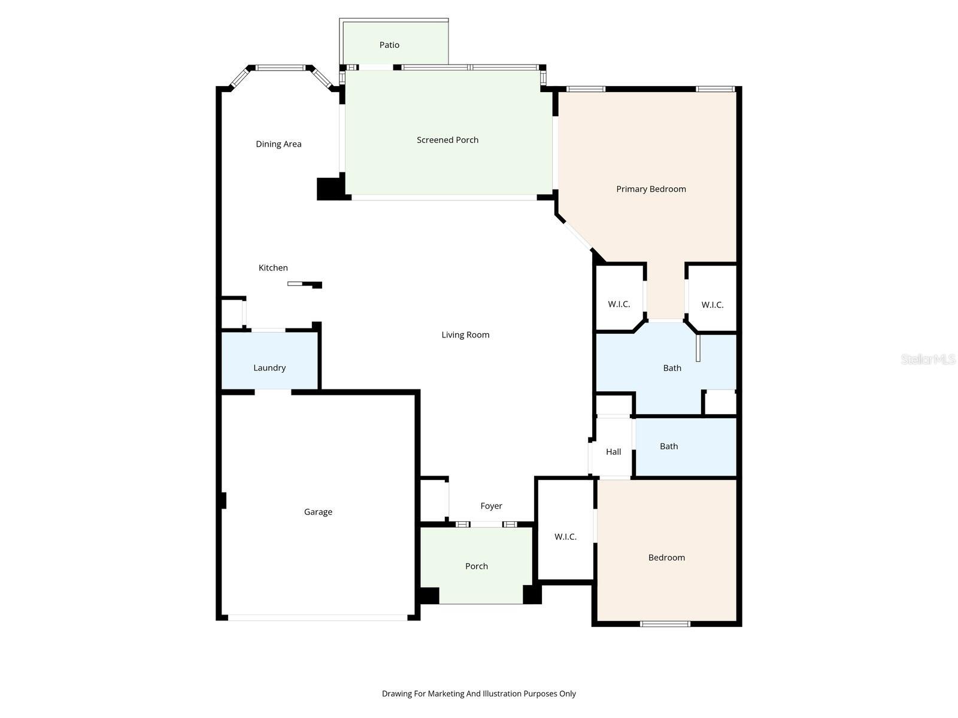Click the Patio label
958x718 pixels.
[x=389, y=45]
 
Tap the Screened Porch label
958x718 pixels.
[x=447, y=140]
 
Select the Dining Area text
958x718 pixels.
[x=278, y=144]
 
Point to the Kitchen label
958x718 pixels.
[x=273, y=267]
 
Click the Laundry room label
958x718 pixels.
[x=269, y=367]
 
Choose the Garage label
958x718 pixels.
[x=318, y=512]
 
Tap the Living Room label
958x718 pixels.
[x=465, y=334]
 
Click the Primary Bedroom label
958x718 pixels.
[x=651, y=189]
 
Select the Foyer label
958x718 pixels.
[x=491, y=506]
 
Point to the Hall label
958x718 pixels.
[x=613, y=452]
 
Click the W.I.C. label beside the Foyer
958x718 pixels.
[x=565, y=537]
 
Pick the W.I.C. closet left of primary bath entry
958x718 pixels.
[x=619, y=304]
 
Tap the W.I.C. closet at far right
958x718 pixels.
[x=712, y=305]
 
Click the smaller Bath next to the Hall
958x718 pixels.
[x=669, y=446]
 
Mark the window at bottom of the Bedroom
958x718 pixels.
[x=665, y=623]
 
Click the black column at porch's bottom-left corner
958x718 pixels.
[x=429, y=595]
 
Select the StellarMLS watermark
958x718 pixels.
[x=927, y=359]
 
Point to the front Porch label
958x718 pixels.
[x=476, y=566]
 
